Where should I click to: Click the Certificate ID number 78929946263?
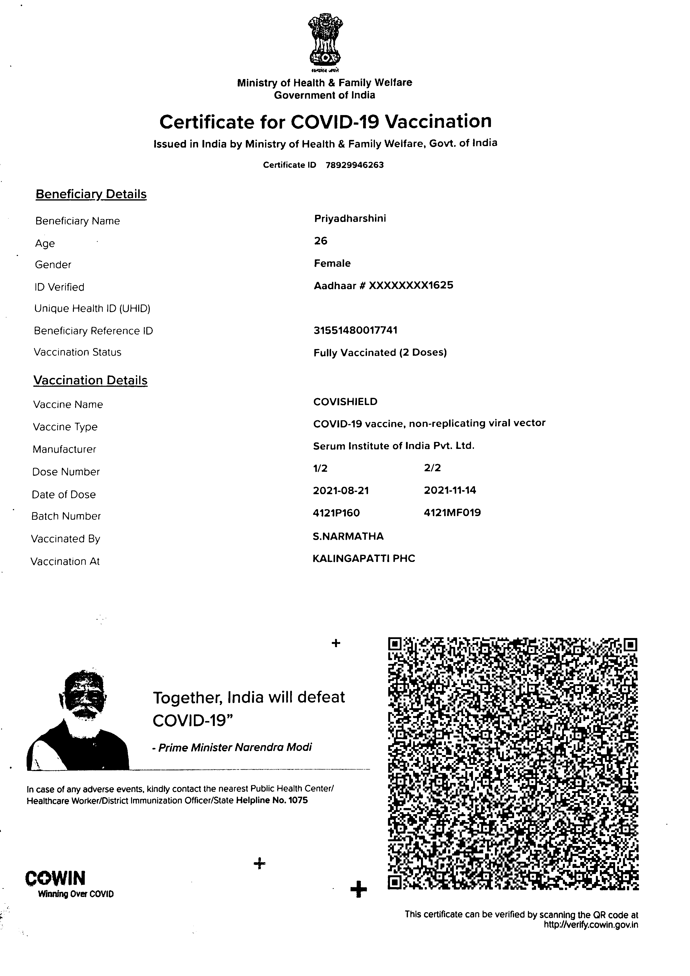click(x=354, y=165)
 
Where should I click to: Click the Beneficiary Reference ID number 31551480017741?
click(x=355, y=330)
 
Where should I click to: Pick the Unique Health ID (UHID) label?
click(x=92, y=309)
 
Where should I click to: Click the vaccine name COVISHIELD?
click(x=345, y=402)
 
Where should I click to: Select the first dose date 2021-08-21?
click(x=341, y=490)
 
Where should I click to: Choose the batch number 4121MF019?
click(x=452, y=513)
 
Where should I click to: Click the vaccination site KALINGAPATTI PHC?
click(x=364, y=558)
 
